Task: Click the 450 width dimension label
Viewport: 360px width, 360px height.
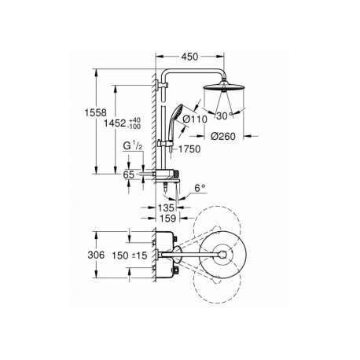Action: (189, 57)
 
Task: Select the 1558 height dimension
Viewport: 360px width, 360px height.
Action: (96, 112)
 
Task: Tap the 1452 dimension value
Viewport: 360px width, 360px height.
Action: (115, 123)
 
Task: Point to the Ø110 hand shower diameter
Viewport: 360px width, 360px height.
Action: (195, 119)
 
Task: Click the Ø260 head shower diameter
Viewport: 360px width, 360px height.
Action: (223, 136)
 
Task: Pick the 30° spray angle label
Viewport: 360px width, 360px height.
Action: (225, 116)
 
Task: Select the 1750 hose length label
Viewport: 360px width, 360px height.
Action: (189, 149)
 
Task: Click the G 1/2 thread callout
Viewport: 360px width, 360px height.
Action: (133, 146)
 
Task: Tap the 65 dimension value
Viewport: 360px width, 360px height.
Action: (128, 174)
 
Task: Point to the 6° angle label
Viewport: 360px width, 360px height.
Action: (200, 188)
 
